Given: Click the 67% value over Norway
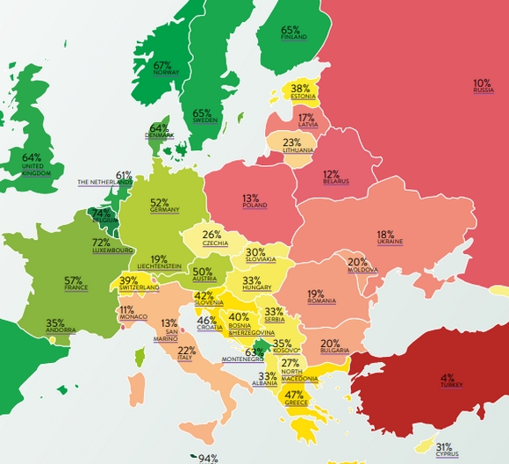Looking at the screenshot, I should [x=162, y=65].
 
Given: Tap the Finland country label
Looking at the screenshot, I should [x=293, y=38].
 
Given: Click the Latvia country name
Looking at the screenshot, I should [x=308, y=125].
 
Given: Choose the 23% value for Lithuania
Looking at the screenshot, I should [x=292, y=142].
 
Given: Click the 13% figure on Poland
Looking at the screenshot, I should [x=251, y=198].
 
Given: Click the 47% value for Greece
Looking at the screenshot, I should [x=294, y=395].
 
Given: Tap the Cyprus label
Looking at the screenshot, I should [x=447, y=454].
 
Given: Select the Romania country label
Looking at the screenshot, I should [x=322, y=301].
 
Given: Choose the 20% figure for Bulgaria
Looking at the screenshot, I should [x=330, y=343].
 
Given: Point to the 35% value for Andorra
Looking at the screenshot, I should [x=55, y=323].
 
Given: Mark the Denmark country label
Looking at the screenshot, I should [x=160, y=135].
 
